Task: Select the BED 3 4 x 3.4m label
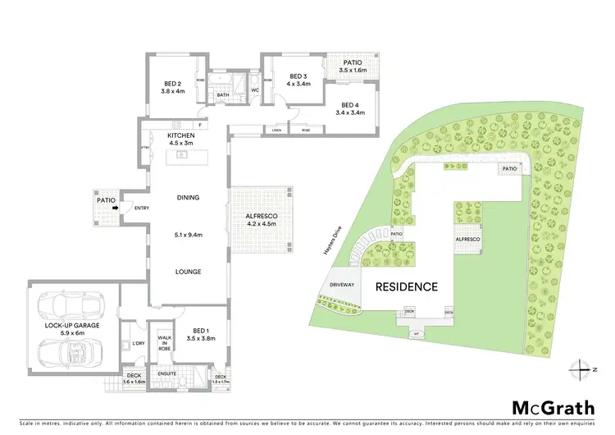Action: point(298,80)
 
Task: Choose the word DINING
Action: point(188,198)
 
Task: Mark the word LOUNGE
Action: point(188,272)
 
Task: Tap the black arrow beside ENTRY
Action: point(115,207)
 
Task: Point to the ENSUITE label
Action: point(167,373)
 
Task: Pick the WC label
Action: point(255,90)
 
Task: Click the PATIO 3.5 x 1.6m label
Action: point(353,66)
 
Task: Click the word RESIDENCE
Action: point(407,287)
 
